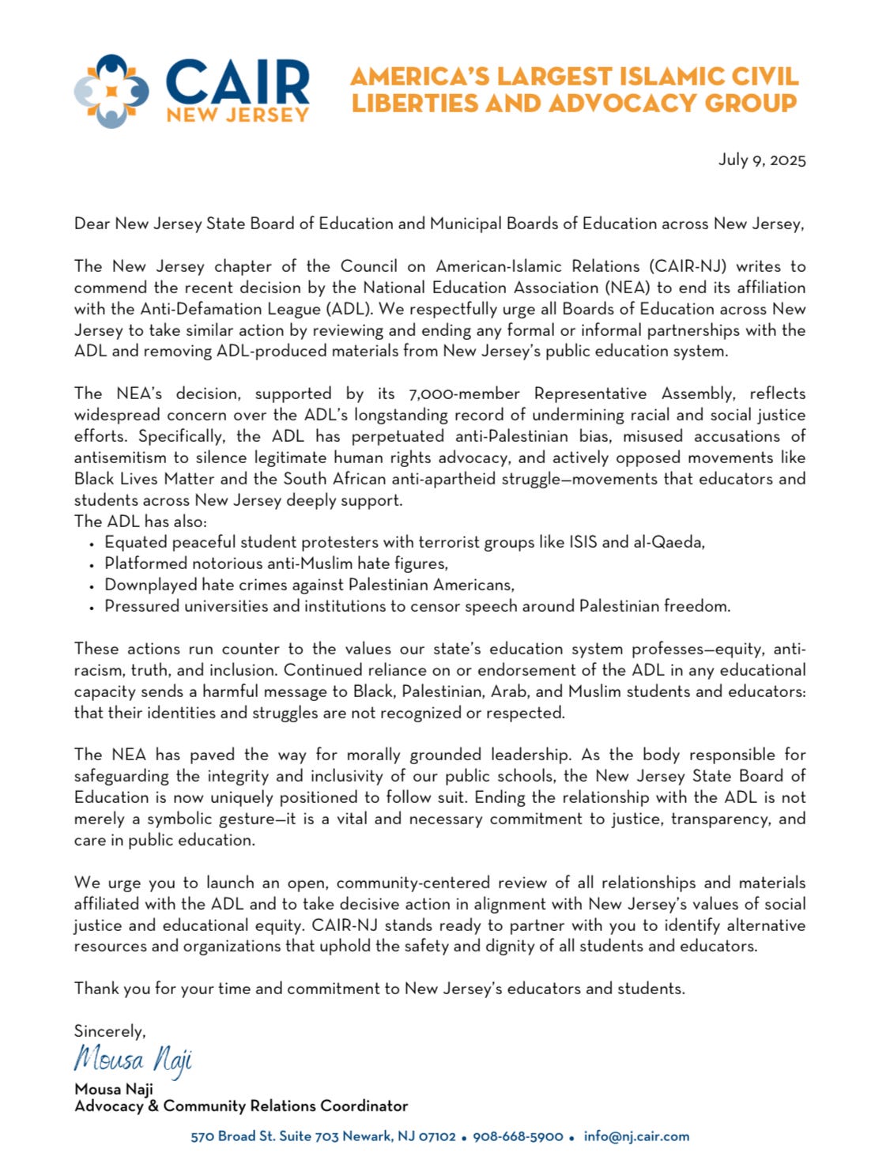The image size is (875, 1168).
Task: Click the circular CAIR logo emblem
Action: point(111,91)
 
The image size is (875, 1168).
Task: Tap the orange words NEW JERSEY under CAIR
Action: point(237,115)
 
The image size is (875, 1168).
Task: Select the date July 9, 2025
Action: point(762,160)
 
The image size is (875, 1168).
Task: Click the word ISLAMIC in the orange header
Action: point(643,77)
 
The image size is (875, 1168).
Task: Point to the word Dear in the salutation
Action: point(92,224)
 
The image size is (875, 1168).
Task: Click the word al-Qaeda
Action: point(668,542)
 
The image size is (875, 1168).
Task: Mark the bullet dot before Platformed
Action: point(92,565)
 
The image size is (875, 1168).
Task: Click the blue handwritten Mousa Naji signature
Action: point(133,1059)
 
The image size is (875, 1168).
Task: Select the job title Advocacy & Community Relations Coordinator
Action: point(241,1106)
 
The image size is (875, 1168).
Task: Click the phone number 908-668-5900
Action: point(518,1136)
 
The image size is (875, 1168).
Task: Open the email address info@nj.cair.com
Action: point(636,1136)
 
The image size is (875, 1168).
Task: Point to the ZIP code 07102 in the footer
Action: point(436,1136)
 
